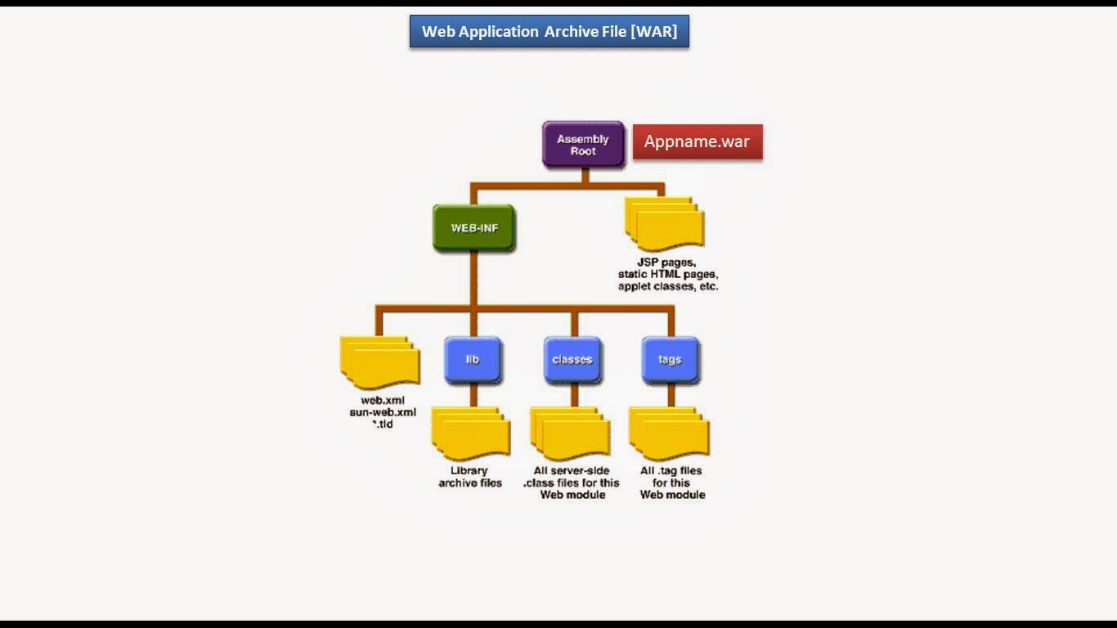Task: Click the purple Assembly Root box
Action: [583, 145]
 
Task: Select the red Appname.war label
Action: [697, 141]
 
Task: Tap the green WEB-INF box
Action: [473, 227]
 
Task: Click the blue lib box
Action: [473, 360]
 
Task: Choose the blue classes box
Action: [572, 360]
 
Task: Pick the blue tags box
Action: [670, 360]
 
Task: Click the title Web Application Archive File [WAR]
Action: [549, 32]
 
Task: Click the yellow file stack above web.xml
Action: [379, 361]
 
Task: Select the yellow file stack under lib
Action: [470, 433]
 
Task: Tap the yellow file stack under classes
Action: [570, 433]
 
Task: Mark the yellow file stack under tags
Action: [668, 433]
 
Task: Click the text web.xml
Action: [383, 401]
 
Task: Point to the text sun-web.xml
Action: [383, 412]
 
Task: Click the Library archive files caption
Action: [470, 477]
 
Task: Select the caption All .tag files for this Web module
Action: [672, 482]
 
